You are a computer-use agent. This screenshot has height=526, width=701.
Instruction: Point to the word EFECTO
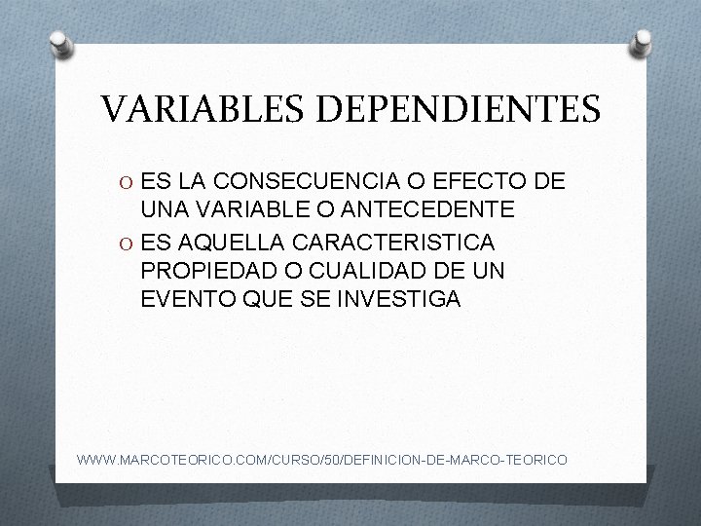492,181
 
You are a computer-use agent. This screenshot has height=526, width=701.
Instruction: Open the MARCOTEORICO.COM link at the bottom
321,456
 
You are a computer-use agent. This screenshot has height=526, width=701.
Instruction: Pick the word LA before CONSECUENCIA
191,181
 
